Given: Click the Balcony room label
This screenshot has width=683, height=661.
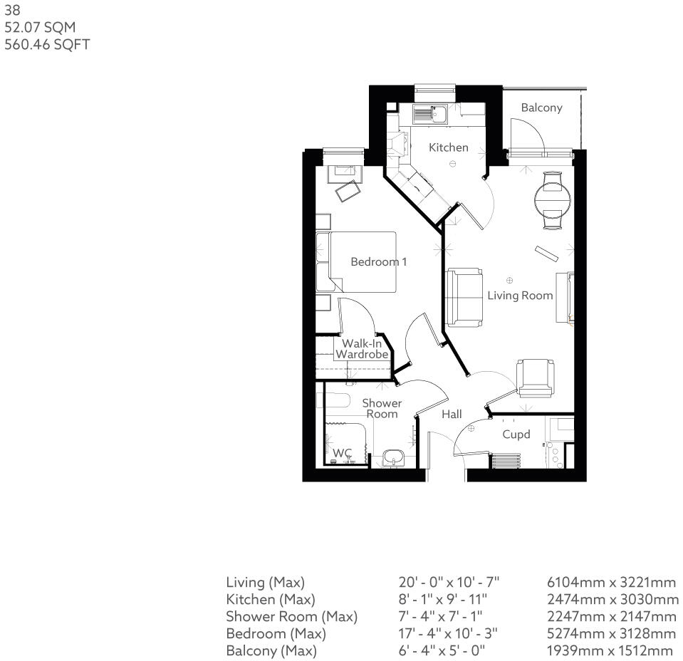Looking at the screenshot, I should [541, 108].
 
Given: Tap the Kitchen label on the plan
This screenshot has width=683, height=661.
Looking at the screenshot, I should [449, 147].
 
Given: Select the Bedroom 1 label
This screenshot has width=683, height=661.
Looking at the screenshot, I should [379, 261].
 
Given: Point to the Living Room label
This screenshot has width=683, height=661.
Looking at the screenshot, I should [520, 295].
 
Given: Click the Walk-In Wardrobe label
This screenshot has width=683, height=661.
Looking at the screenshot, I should [362, 349].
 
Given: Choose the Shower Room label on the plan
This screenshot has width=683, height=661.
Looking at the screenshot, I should [382, 408].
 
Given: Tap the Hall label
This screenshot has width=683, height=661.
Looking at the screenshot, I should [452, 414].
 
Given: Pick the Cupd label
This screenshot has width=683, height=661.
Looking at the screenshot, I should [516, 434].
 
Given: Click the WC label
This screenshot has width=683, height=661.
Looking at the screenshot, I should [342, 453].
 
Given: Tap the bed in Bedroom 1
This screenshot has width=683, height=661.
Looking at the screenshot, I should [362, 261].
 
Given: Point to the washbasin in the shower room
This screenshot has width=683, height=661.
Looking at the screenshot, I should [392, 458].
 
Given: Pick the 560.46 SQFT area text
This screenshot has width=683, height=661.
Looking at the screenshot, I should [47, 45].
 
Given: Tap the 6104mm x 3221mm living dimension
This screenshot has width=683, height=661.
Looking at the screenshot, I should [612, 583].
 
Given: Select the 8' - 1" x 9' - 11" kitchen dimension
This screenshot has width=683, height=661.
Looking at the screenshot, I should [443, 600].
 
